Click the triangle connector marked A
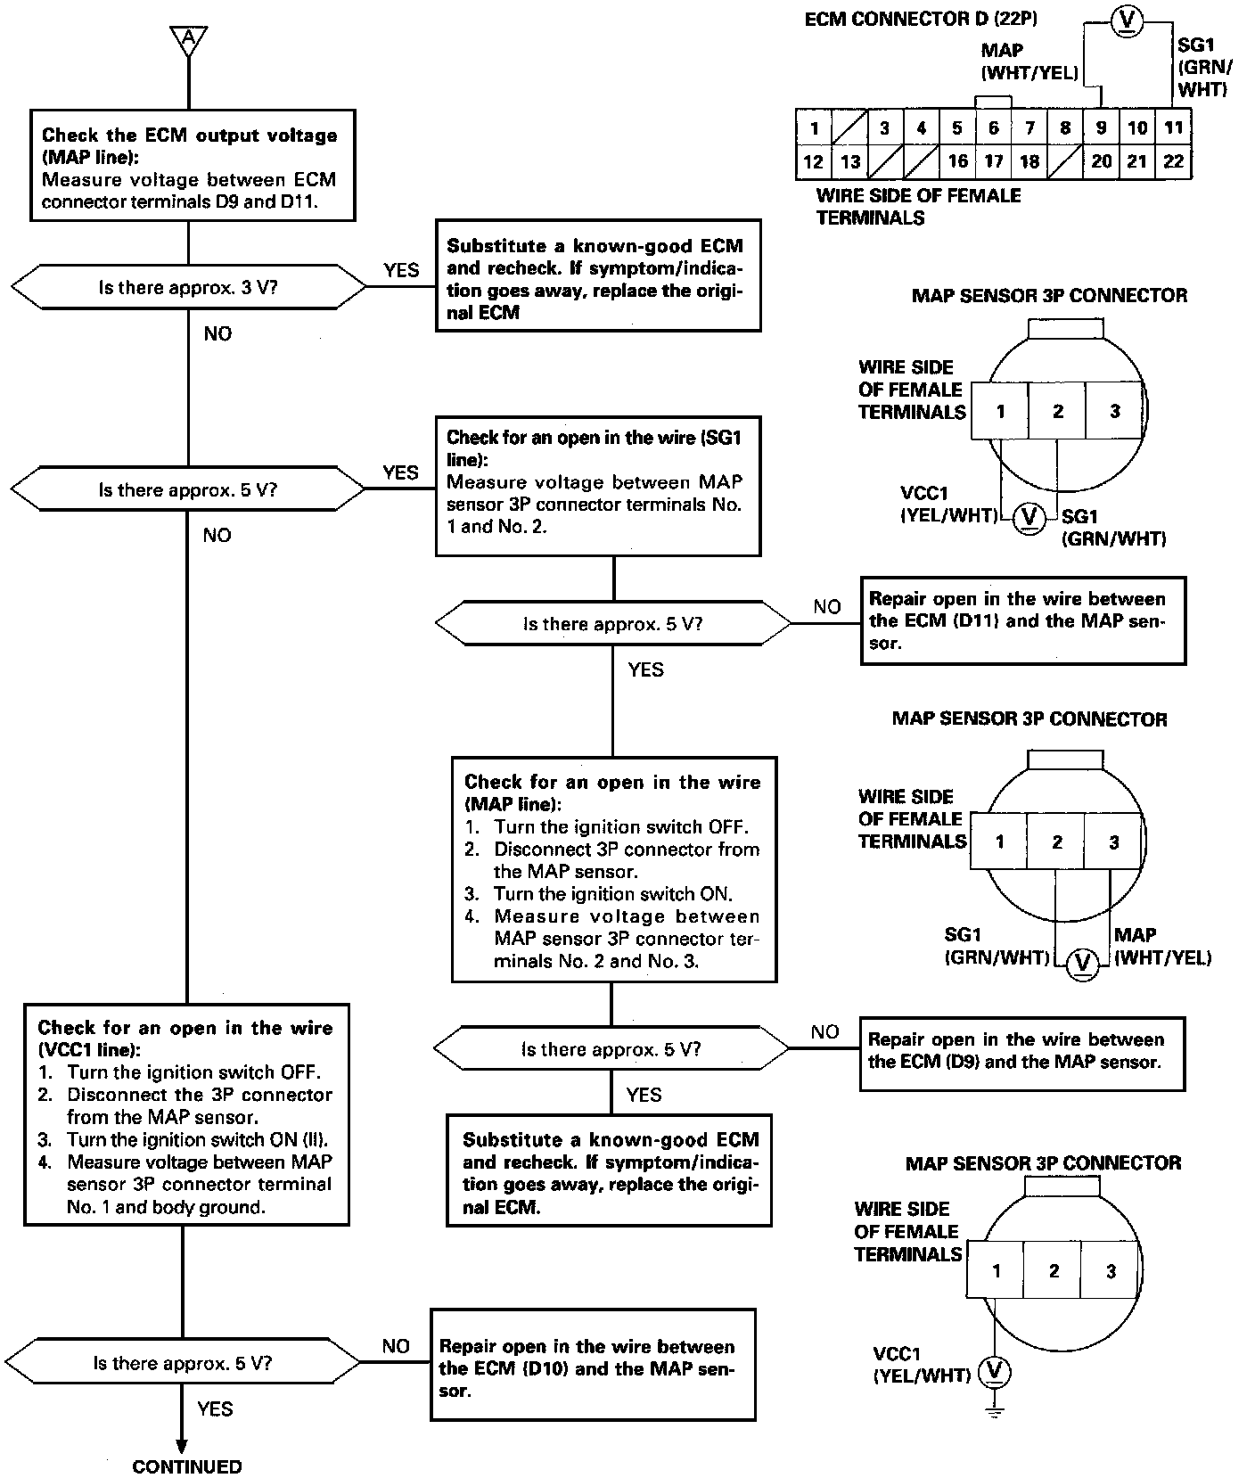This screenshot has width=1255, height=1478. pyautogui.click(x=188, y=39)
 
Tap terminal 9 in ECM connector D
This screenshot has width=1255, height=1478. pyautogui.click(x=1102, y=127)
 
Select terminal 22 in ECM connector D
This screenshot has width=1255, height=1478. pyautogui.click(x=1173, y=161)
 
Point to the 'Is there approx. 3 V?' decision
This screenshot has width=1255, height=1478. pyautogui.click(x=188, y=287)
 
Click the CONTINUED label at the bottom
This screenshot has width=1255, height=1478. pyautogui.click(x=187, y=1466)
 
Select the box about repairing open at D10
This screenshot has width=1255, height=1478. pyautogui.click(x=593, y=1364)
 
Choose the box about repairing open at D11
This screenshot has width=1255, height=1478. pyautogui.click(x=1022, y=620)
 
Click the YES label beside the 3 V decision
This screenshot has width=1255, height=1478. pyautogui.click(x=401, y=270)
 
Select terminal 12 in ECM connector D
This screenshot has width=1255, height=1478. pyautogui.click(x=813, y=161)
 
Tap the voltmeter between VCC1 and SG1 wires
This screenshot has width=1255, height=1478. pyautogui.click(x=1029, y=516)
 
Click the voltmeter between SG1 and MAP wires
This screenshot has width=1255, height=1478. pyautogui.click(x=1083, y=962)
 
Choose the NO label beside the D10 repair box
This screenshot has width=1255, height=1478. pyautogui.click(x=396, y=1346)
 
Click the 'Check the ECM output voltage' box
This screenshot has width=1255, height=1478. pyautogui.click(x=193, y=166)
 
